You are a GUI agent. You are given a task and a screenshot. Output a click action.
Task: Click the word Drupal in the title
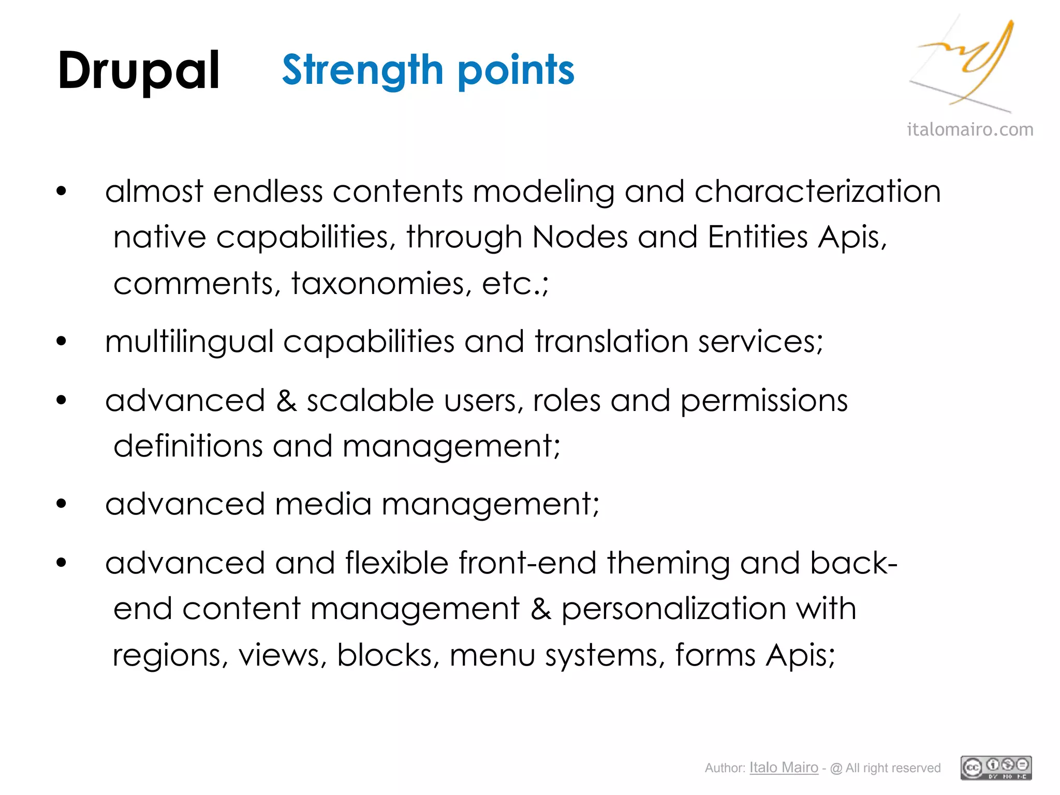139,71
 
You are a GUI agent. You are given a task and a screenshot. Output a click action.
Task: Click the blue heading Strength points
428,70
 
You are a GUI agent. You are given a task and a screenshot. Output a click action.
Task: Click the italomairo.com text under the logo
970,129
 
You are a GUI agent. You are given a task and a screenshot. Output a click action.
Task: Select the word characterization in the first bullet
817,192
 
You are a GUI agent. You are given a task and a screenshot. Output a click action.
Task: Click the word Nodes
579,237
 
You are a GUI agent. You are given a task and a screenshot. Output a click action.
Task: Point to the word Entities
758,237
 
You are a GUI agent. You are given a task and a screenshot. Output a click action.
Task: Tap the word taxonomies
382,284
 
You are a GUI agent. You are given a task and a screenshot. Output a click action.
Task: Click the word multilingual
189,342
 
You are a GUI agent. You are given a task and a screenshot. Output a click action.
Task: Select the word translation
611,342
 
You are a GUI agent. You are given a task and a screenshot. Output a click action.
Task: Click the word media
323,504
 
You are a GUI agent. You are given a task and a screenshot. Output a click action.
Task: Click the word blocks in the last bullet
385,655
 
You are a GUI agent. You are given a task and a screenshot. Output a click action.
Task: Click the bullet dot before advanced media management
62,504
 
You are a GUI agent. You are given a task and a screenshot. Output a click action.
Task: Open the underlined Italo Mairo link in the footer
784,768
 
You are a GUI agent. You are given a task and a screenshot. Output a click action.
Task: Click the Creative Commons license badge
996,768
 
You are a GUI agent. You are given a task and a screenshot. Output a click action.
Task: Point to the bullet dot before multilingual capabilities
62,341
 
